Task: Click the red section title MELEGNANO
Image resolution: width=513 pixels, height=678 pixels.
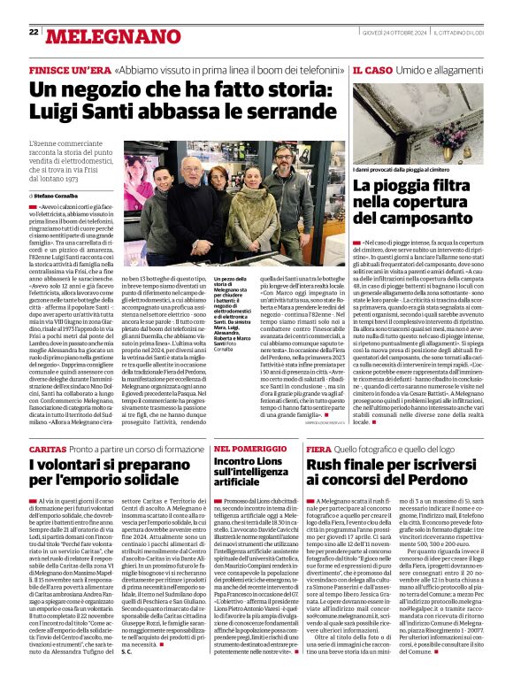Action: point(98,36)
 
